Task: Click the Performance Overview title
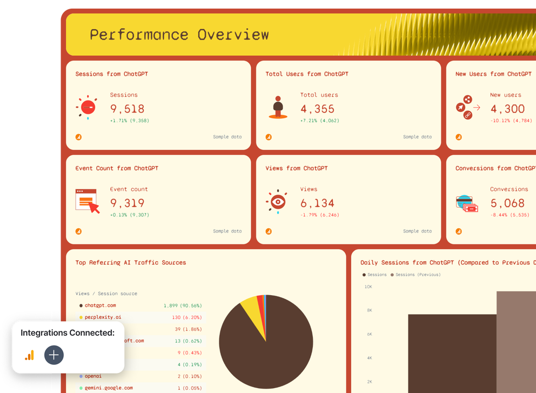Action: click(179, 35)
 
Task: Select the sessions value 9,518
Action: click(128, 109)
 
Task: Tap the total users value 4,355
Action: click(318, 109)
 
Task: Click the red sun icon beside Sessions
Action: click(86, 108)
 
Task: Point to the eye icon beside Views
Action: click(277, 202)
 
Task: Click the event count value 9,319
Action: click(128, 203)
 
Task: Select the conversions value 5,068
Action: click(507, 203)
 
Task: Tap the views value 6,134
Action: click(318, 203)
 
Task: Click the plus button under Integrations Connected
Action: click(54, 355)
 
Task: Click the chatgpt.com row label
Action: click(100, 305)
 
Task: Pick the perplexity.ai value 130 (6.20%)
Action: click(183, 317)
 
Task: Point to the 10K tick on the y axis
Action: click(368, 287)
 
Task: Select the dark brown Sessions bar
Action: click(451, 351)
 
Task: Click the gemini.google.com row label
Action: click(108, 388)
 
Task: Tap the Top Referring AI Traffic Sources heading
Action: click(131, 263)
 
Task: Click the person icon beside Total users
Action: click(278, 108)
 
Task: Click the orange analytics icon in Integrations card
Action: click(29, 355)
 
